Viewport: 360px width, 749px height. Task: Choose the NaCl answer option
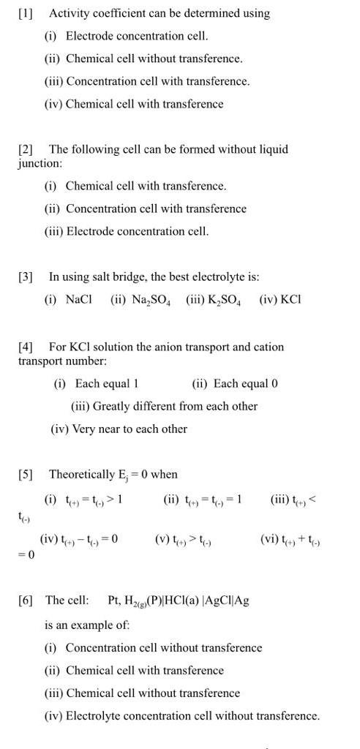79,299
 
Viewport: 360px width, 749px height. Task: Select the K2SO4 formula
220,300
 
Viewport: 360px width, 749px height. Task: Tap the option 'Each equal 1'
106,383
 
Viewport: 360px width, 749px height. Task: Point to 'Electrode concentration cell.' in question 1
137,36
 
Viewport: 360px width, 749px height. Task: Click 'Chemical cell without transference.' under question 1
154,59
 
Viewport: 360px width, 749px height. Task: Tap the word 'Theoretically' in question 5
82,474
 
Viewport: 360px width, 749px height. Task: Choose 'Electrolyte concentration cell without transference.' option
192,715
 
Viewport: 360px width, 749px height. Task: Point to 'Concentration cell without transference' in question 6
163,647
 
